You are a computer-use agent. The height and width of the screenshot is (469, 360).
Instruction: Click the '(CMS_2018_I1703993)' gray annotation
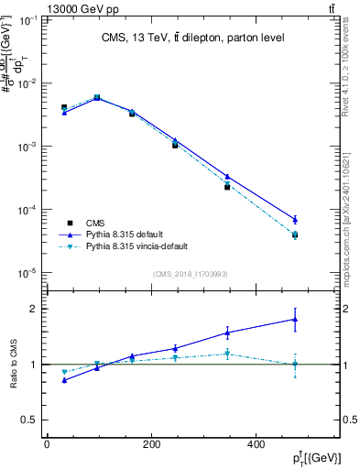[x=190, y=274]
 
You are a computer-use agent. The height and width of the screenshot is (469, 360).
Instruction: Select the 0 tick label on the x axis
[x=47, y=444]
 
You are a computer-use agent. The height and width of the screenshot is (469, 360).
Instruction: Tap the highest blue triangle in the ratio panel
[x=295, y=320]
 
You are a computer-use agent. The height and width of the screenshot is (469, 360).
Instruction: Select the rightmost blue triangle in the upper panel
[x=295, y=219]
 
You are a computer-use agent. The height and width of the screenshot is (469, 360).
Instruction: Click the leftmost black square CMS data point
[x=64, y=107]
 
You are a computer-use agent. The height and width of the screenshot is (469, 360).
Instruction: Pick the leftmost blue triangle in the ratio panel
[x=64, y=379]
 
